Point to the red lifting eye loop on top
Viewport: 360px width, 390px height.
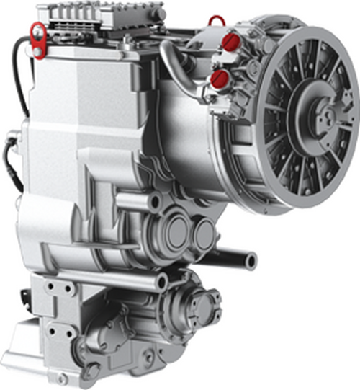click(x=214, y=19)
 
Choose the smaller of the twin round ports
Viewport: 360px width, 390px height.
click(x=204, y=232)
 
